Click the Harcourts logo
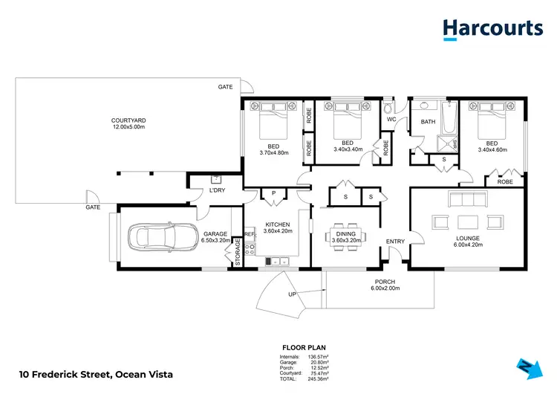click(492, 29)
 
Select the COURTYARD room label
click(128, 120)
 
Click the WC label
click(391, 120)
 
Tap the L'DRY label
click(217, 191)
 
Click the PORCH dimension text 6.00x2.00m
click(385, 288)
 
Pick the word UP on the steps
click(293, 295)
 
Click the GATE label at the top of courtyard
click(225, 87)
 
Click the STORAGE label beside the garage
click(238, 251)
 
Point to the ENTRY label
click(394, 240)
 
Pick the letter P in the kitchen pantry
click(273, 193)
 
